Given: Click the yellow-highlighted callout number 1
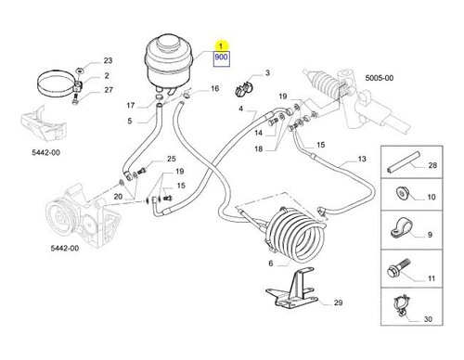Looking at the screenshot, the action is point(221,46).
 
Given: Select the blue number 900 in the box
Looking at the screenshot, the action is point(221,57).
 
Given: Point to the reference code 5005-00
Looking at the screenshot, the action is point(380,78).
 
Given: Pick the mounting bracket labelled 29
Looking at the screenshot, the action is point(292,289).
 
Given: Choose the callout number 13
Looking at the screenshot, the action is point(362,159).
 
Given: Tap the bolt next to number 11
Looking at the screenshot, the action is point(399,268).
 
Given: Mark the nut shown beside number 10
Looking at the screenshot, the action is point(402,194).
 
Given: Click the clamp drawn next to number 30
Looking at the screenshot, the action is point(402,305).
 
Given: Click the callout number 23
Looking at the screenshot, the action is point(108,60).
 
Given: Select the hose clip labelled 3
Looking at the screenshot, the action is point(243,88).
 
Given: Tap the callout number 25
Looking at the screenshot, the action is point(172,159).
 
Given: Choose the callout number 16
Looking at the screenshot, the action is point(214,89).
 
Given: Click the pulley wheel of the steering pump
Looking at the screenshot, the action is point(59,218).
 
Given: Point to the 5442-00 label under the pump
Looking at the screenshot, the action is point(65,248).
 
